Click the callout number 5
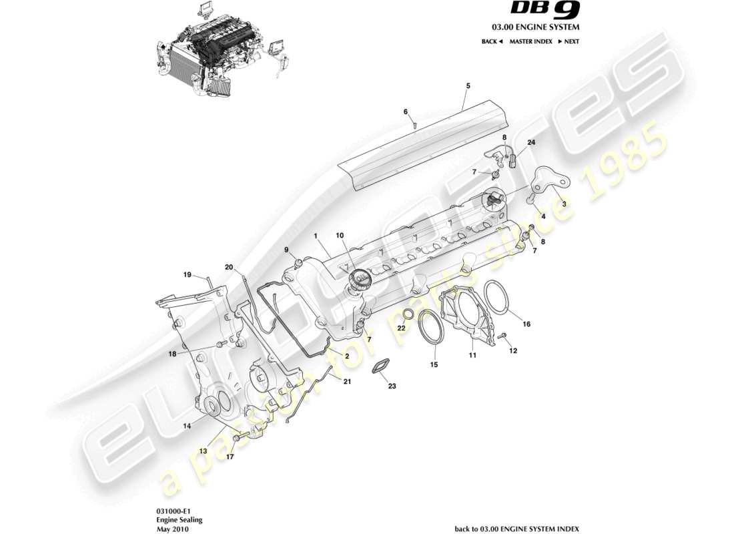pyautogui.click(x=468, y=86)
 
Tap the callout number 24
pyautogui.click(x=531, y=143)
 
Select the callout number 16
pyautogui.click(x=526, y=324)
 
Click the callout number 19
pyautogui.click(x=188, y=274)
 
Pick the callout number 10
pyautogui.click(x=340, y=236)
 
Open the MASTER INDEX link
pyautogui.click(x=530, y=41)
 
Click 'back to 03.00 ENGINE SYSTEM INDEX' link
pyautogui.click(x=516, y=529)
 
